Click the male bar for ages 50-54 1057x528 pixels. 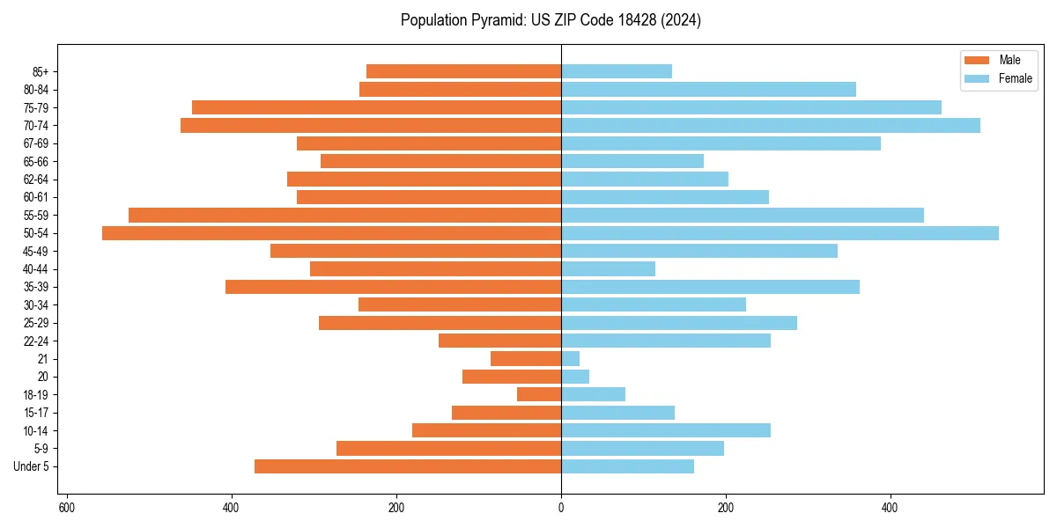[331, 233]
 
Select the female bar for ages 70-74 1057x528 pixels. [771, 126]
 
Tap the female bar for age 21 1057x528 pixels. [571, 359]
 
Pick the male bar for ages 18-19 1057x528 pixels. [539, 395]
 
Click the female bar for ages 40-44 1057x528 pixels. [609, 269]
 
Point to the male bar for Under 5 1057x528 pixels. [408, 466]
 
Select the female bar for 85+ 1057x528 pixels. [617, 71]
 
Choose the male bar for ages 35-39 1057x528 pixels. [393, 287]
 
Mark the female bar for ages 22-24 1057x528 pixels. [666, 341]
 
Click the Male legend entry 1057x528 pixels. [1009, 60]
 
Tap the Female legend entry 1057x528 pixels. [1015, 78]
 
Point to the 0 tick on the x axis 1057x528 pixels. [561, 508]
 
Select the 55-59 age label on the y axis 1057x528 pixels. [36, 216]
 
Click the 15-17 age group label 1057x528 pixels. [36, 413]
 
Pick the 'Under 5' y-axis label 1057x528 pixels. [32, 466]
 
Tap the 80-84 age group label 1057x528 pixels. [36, 90]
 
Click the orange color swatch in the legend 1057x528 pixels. [977, 60]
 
